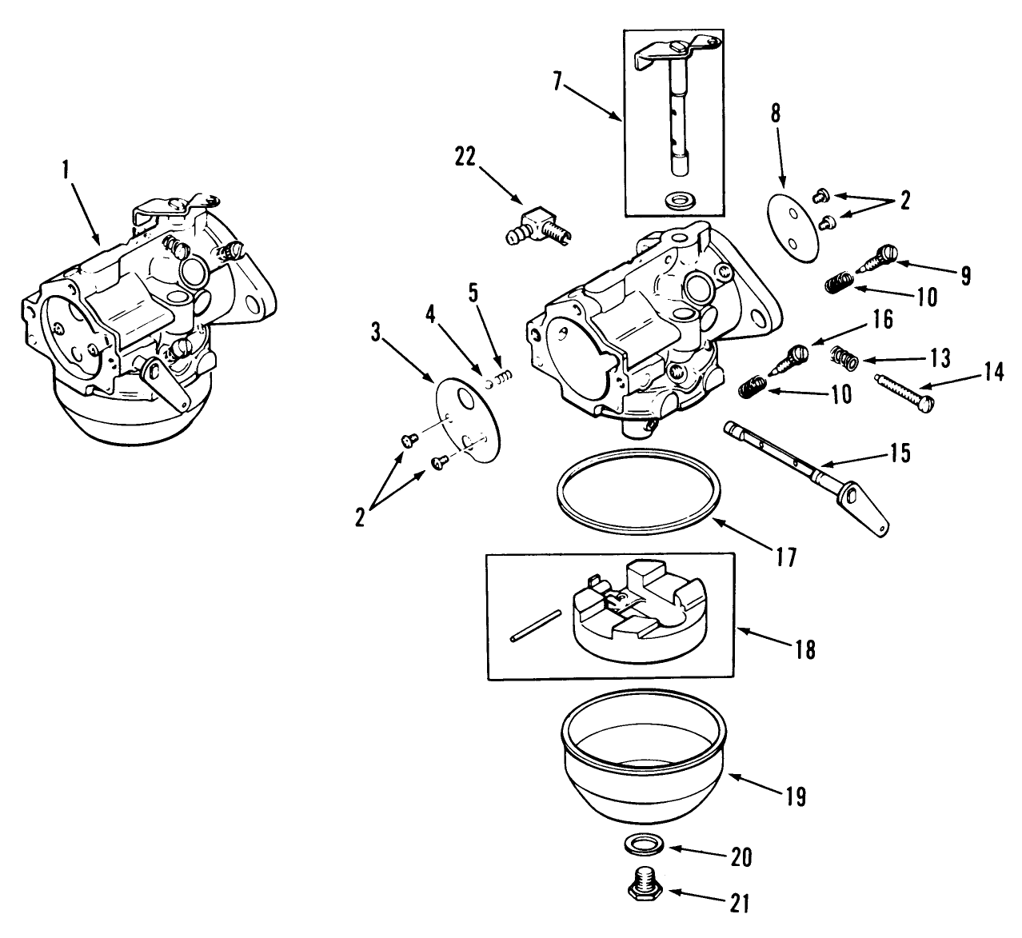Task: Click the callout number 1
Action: (66, 169)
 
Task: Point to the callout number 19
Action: (795, 796)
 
